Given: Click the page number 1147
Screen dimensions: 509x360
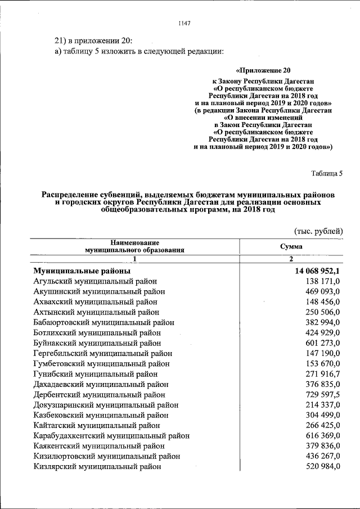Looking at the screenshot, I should coord(184,23).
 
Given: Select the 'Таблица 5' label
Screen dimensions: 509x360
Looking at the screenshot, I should coord(326,173).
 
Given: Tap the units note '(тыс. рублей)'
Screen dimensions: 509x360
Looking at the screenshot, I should coord(318,231).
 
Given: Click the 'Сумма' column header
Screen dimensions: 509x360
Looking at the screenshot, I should coord(291,246).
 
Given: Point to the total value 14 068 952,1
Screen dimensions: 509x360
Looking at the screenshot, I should coord(317,271).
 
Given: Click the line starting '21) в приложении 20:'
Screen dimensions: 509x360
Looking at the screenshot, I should coord(93,40).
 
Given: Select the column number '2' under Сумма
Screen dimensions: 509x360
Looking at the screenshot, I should coord(291,259).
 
